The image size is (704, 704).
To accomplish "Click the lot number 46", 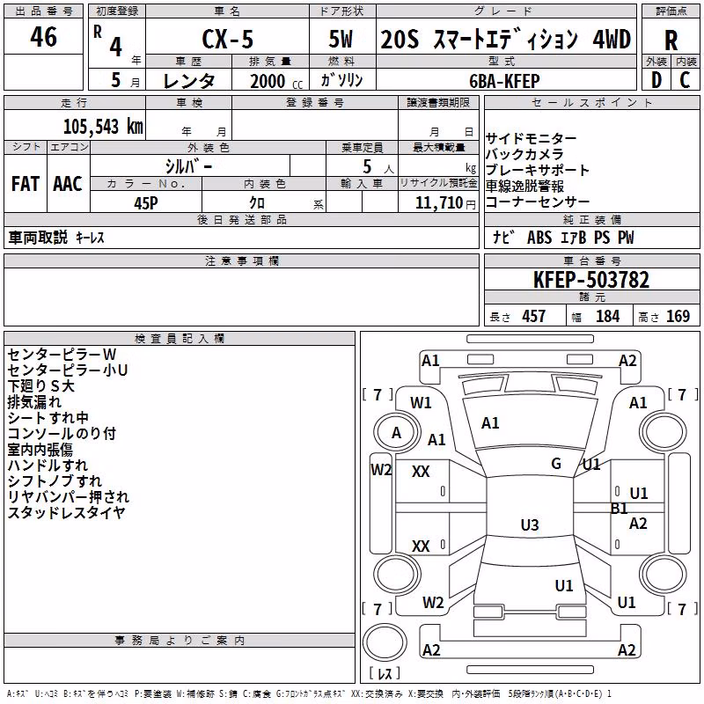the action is [x=43, y=36].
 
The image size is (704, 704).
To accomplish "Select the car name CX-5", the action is [x=227, y=39].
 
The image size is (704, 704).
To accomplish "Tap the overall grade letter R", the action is [x=671, y=40].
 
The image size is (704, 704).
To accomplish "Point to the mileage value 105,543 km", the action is [x=103, y=127].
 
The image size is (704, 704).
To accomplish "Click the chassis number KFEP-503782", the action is [x=591, y=280].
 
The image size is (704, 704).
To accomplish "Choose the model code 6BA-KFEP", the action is [x=504, y=81].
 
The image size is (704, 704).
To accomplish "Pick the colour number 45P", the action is [x=146, y=203].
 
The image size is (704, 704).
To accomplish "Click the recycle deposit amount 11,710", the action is [x=439, y=203].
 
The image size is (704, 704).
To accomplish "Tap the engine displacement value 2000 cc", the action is [x=276, y=81].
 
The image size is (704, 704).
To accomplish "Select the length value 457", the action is [x=534, y=316].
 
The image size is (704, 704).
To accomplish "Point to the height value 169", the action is [x=678, y=316].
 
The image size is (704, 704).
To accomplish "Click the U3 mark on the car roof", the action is [x=530, y=524].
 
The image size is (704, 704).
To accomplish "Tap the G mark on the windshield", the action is [x=556, y=463].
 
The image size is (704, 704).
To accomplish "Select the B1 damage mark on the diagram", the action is [x=620, y=509].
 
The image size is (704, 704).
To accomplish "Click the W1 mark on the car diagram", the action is [x=421, y=403].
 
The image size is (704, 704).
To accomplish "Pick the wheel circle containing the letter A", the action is [x=397, y=433].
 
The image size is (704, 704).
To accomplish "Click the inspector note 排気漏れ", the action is [x=34, y=402].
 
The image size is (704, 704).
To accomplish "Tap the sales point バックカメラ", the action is [x=524, y=154].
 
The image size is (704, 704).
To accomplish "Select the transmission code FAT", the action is [x=26, y=184].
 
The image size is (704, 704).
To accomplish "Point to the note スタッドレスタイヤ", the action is [x=66, y=512].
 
